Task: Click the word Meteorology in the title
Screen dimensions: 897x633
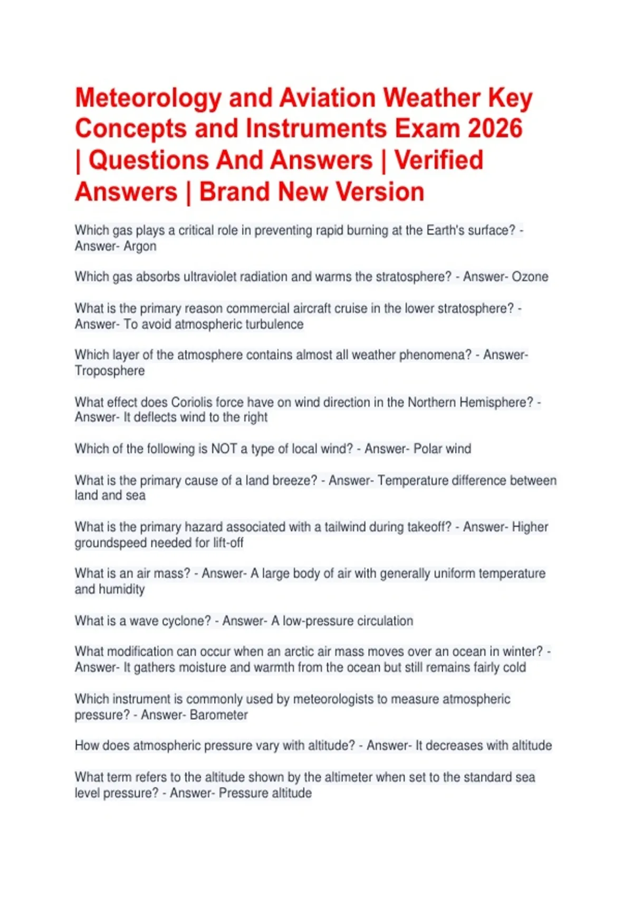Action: pos(148,99)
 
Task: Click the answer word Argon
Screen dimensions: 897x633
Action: pos(140,246)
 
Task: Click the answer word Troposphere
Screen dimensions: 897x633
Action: pos(110,371)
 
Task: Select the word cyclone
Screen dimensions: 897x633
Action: pos(186,621)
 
